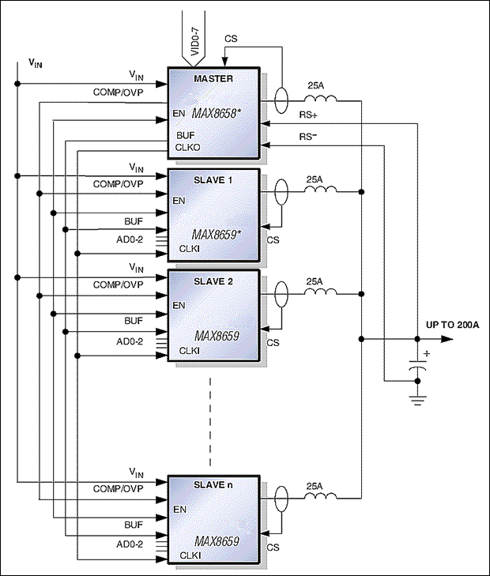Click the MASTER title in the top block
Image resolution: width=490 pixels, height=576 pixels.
(x=213, y=78)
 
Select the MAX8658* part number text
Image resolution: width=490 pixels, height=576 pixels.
(x=217, y=113)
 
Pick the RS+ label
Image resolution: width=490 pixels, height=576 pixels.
(x=308, y=114)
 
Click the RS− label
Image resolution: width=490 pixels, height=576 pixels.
(x=308, y=136)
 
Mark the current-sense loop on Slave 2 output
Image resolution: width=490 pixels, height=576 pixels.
(x=281, y=293)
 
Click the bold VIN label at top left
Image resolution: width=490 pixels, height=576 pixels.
(x=35, y=62)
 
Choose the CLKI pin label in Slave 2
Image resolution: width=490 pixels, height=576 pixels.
(x=188, y=350)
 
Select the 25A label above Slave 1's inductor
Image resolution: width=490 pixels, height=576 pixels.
(x=315, y=179)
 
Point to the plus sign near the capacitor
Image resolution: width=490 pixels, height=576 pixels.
(x=427, y=354)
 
